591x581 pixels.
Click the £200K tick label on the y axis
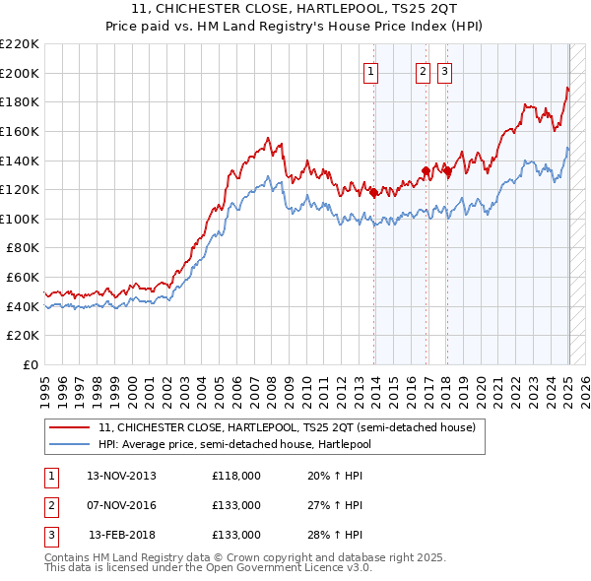(20, 73)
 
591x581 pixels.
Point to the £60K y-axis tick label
(23, 278)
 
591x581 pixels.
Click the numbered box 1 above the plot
(371, 71)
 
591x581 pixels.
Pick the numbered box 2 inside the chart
(423, 71)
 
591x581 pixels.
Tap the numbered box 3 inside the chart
(444, 71)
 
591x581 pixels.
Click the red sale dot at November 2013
(374, 193)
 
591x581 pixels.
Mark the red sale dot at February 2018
(448, 170)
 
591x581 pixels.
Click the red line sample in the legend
(69, 427)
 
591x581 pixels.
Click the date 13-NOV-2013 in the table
(121, 476)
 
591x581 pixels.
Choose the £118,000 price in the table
(236, 476)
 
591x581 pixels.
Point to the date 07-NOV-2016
(121, 505)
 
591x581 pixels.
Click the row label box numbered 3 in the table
(49, 535)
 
